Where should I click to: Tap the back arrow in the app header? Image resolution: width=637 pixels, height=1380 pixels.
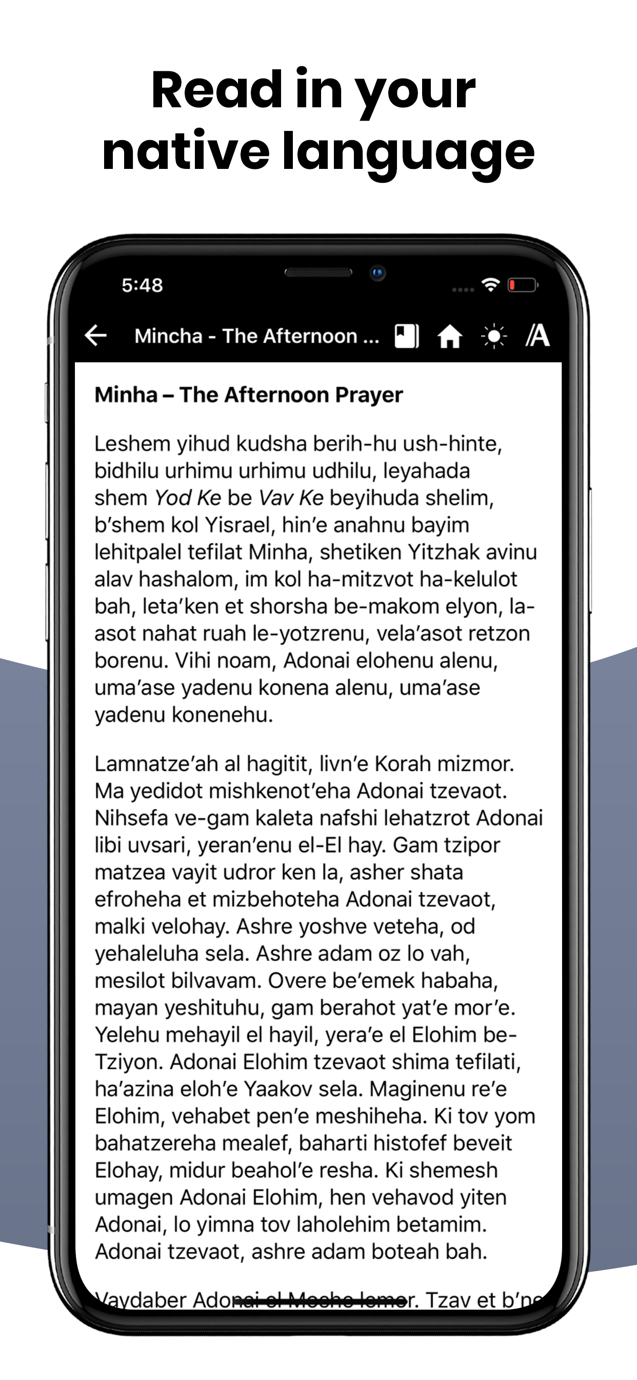click(96, 335)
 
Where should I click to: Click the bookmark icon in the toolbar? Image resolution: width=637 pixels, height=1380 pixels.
click(406, 336)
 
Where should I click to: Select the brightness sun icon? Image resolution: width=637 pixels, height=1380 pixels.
click(493, 336)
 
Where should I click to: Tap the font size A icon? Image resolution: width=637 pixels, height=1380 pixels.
click(538, 336)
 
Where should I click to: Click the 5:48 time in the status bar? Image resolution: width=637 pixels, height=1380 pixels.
click(142, 285)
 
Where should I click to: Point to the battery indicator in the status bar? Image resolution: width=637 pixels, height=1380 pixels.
click(522, 285)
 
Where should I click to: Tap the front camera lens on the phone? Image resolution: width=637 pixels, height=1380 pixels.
click(378, 273)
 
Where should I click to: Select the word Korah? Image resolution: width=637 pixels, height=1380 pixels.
click(403, 763)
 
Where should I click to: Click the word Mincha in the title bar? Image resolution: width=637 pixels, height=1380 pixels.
click(168, 336)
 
